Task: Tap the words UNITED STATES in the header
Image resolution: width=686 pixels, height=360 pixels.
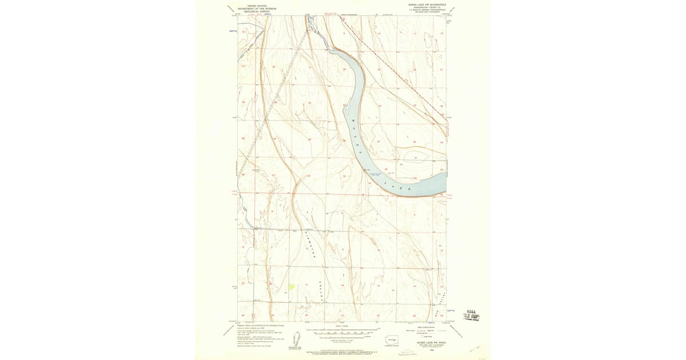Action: (257, 5)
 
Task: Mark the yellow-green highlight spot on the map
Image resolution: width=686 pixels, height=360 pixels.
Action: (292, 286)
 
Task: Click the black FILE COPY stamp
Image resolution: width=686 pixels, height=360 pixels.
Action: (471, 315)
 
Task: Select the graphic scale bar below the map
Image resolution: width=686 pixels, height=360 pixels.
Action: (343, 330)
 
